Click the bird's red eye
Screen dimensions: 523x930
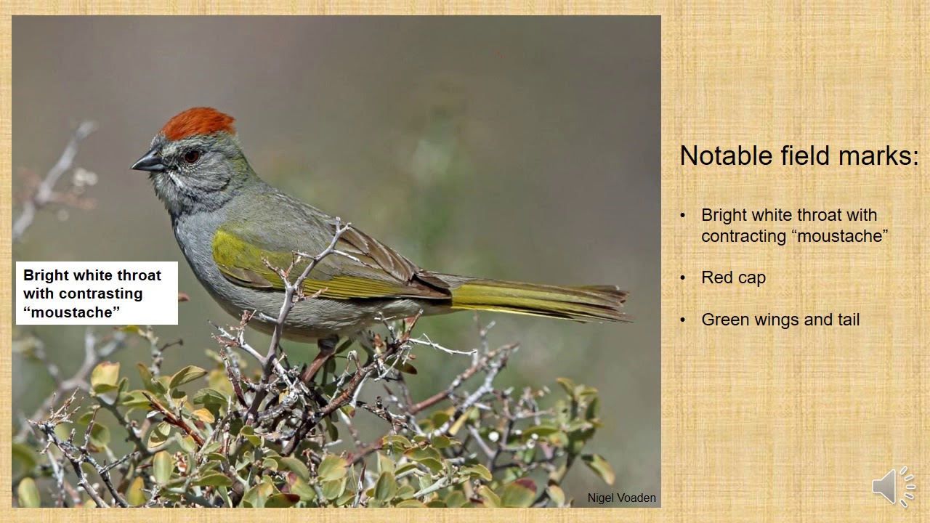tap(191, 155)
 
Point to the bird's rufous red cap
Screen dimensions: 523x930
tap(198, 123)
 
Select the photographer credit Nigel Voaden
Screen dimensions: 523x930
tap(621, 498)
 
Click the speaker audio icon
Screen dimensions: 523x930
tap(893, 486)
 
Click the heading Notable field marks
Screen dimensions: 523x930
tap(798, 155)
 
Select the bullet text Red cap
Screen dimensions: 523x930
tap(733, 277)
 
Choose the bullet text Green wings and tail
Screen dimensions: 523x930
tap(780, 320)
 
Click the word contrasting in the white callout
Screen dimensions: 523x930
tap(101, 293)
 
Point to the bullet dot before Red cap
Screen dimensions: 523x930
tap(682, 278)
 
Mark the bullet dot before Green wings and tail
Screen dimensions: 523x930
tap(682, 320)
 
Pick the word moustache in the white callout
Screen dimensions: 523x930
tap(71, 312)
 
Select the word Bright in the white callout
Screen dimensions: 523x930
tap(45, 275)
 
